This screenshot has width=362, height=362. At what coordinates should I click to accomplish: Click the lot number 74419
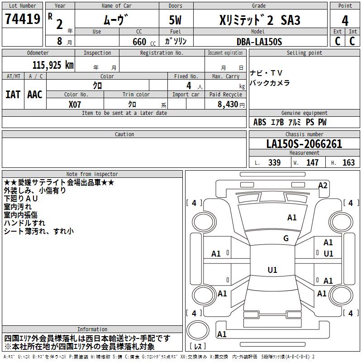(x=23, y=19)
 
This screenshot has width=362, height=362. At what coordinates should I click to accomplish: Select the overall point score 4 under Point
(x=345, y=20)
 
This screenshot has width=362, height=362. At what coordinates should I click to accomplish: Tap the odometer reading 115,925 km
(x=53, y=65)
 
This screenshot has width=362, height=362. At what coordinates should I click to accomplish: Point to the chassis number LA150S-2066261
(x=304, y=144)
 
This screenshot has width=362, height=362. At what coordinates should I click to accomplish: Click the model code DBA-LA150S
(x=259, y=42)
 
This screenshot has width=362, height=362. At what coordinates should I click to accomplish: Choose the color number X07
(x=75, y=105)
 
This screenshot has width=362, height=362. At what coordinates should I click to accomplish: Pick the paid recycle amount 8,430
(x=228, y=104)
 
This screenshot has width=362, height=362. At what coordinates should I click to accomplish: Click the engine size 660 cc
(x=144, y=42)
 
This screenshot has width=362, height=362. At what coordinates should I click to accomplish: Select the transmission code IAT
(x=13, y=95)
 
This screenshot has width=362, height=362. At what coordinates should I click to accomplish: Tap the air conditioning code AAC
(x=35, y=95)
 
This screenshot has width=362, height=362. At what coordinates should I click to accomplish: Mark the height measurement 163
(x=348, y=162)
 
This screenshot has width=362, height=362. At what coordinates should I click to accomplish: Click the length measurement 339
(x=274, y=162)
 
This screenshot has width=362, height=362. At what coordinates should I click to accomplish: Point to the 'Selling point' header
(x=304, y=53)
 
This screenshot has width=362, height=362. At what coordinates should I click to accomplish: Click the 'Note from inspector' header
(x=92, y=174)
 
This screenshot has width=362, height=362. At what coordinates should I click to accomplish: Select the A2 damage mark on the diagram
(x=323, y=186)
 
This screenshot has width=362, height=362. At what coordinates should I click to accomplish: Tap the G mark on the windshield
(x=286, y=238)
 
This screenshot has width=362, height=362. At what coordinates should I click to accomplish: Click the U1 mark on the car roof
(x=272, y=270)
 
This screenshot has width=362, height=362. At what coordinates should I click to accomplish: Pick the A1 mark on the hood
(x=292, y=218)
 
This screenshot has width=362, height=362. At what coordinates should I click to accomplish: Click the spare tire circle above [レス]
(x=198, y=330)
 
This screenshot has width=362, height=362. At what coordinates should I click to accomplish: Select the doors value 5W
(x=175, y=20)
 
